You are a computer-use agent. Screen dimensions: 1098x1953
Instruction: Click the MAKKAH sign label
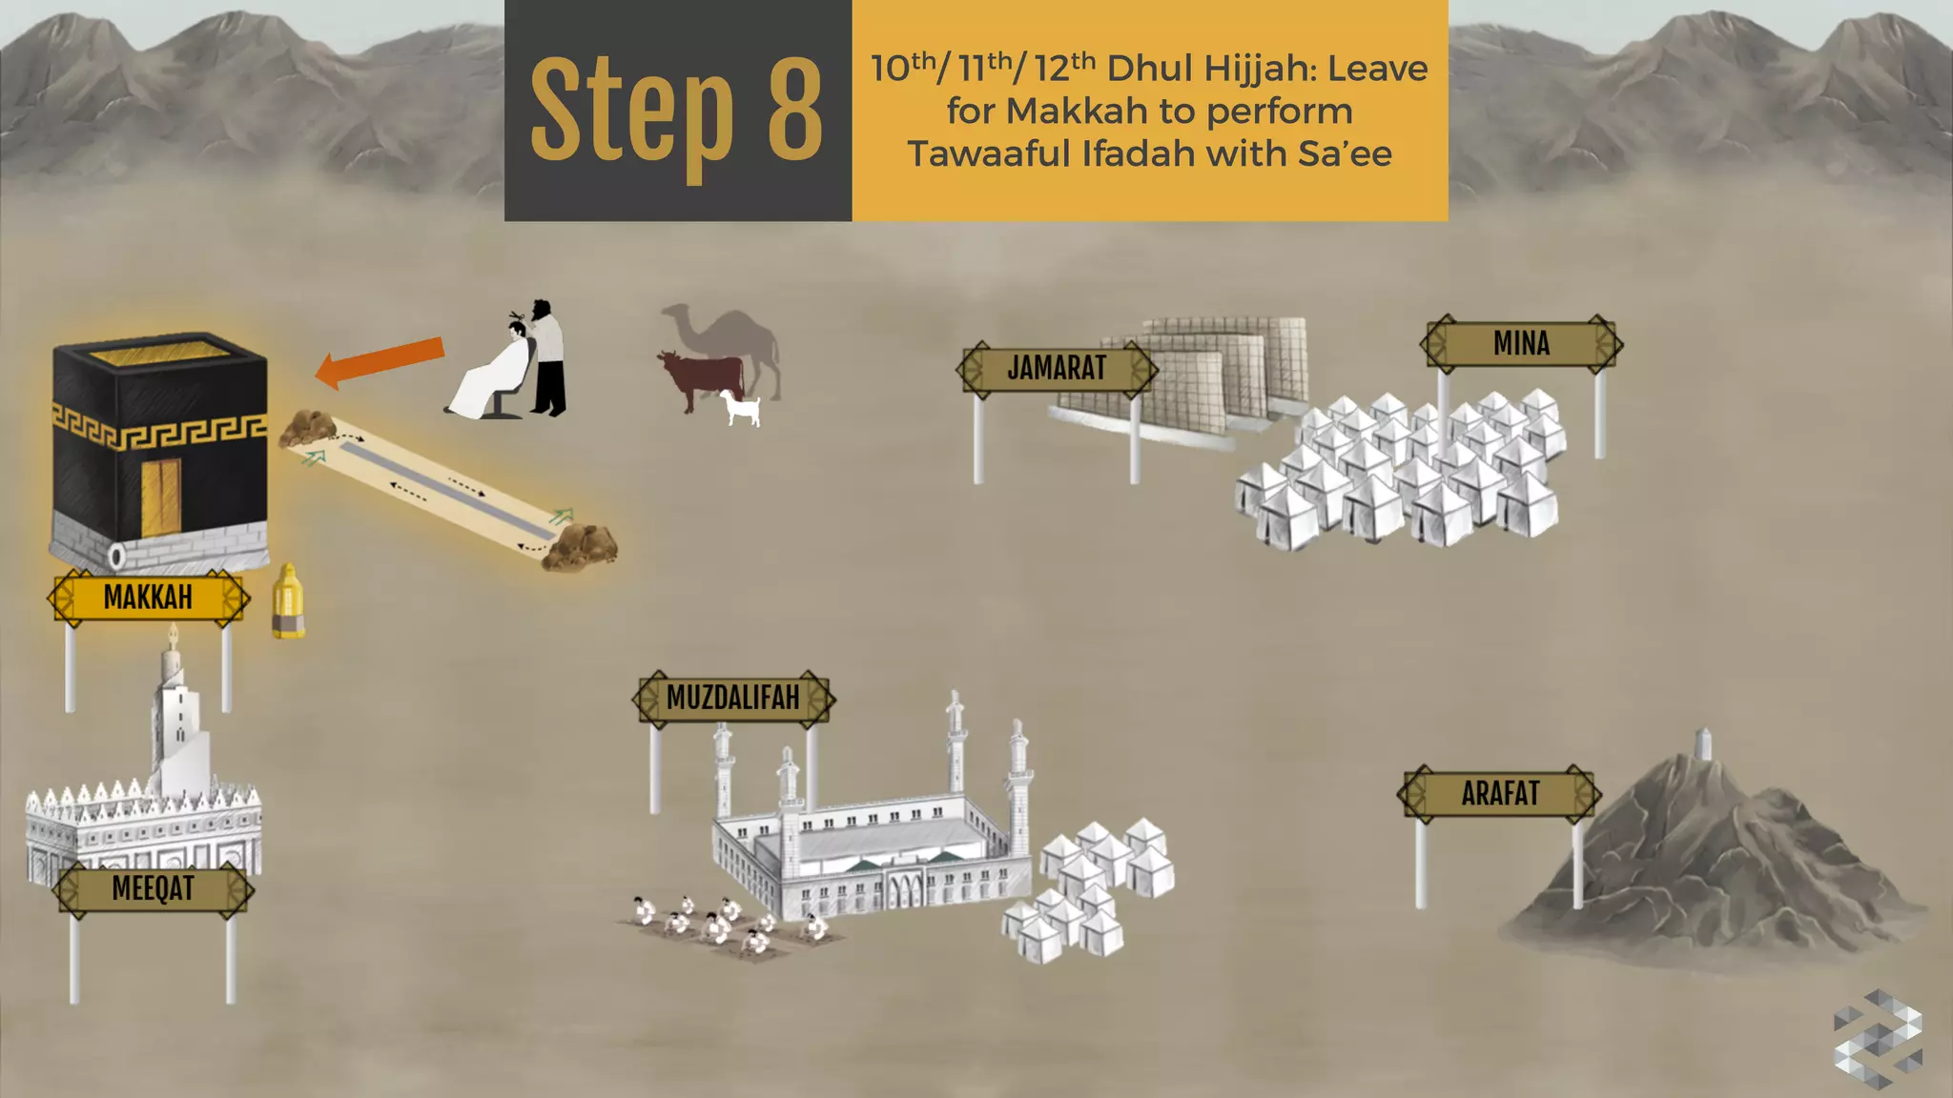coord(148,598)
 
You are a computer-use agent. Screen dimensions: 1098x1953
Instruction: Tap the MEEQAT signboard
coord(153,888)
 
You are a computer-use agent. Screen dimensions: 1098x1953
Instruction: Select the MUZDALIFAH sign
coord(732,698)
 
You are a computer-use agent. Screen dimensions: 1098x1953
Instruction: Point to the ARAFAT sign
coord(1500,793)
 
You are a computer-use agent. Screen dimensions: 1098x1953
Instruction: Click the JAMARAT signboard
coord(1057,368)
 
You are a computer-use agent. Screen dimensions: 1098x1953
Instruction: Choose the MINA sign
coord(1521,343)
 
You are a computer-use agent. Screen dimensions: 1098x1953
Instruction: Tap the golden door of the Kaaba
coord(161,497)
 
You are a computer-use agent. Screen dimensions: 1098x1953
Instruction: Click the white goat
coord(741,408)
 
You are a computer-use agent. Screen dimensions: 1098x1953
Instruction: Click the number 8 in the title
coord(794,110)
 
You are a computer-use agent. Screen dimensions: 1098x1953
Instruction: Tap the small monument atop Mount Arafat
coord(1703,743)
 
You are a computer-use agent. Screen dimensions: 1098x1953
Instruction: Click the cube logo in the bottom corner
coord(1877,1038)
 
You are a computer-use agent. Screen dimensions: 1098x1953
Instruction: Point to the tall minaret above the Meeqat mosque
coord(175,705)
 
